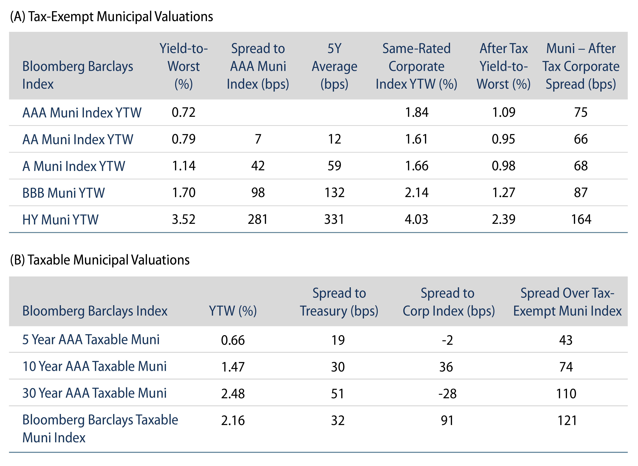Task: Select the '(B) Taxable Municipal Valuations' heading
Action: pyautogui.click(x=100, y=260)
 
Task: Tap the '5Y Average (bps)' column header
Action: pyautogui.click(x=334, y=66)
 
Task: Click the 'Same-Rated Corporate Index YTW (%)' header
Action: pyautogui.click(x=416, y=66)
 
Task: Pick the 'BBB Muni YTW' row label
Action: pyautogui.click(x=64, y=193)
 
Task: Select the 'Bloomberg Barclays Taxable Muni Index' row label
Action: pyautogui.click(x=100, y=429)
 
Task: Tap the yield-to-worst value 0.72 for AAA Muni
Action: pyautogui.click(x=184, y=112)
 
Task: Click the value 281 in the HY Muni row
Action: pyautogui.click(x=258, y=219)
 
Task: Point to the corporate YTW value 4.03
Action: pyautogui.click(x=416, y=219)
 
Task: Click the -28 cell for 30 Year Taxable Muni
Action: pyautogui.click(x=447, y=394)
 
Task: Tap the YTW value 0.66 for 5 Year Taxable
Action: pyautogui.click(x=233, y=340)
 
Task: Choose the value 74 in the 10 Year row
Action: pyautogui.click(x=566, y=367)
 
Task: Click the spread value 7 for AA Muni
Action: pyautogui.click(x=258, y=139)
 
